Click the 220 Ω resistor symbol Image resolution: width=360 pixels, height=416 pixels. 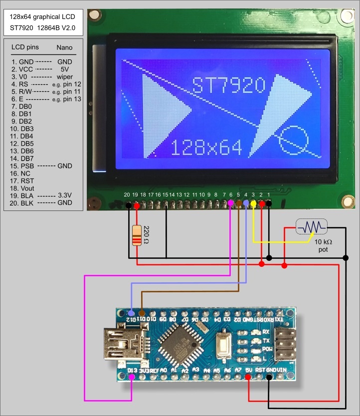pyautogui.click(x=137, y=236)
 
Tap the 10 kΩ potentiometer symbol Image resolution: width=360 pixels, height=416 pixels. pyautogui.click(x=312, y=227)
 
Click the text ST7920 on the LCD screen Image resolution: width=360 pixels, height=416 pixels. pyautogui.click(x=229, y=85)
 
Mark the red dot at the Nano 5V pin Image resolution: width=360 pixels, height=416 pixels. pyautogui.click(x=249, y=378)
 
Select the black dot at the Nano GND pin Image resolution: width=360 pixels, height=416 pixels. pyautogui.click(x=269, y=378)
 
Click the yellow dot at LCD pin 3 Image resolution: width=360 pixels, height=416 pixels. pyautogui.click(x=253, y=204)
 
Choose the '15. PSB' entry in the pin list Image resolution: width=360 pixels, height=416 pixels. pyautogui.click(x=23, y=166)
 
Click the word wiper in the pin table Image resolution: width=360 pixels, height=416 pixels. pyautogui.click(x=65, y=77)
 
